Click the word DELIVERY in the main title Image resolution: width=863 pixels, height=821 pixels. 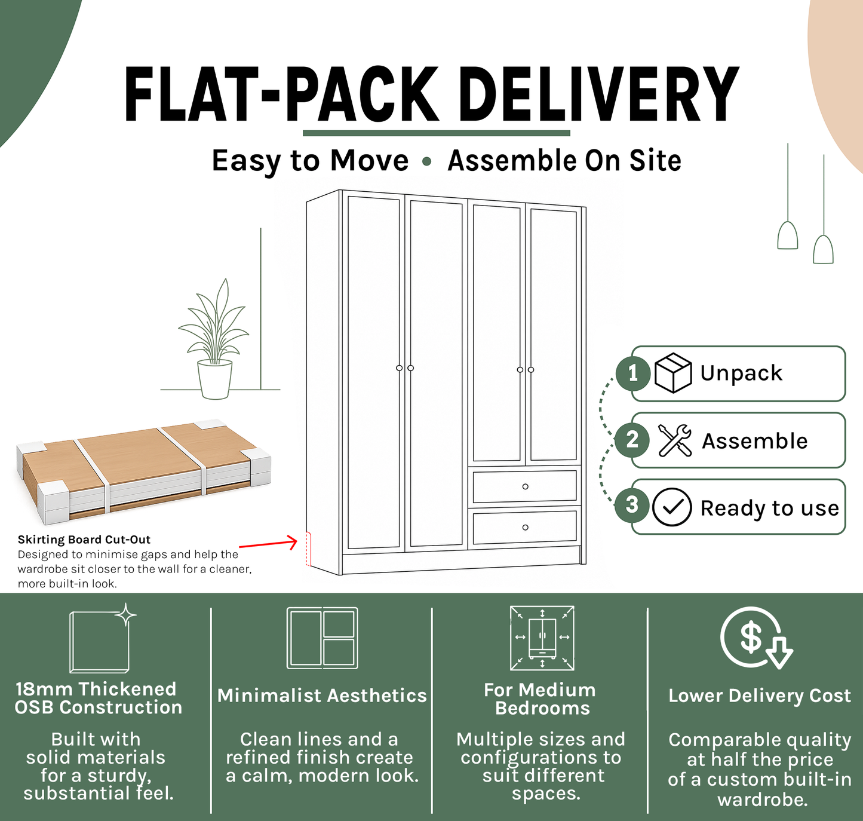[599, 94]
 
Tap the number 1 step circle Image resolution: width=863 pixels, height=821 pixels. [632, 373]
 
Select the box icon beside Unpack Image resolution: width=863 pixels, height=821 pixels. [673, 372]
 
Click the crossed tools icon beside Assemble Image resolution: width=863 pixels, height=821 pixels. [675, 440]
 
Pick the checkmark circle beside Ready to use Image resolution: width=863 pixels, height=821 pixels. [672, 507]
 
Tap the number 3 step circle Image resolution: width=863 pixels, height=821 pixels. [632, 506]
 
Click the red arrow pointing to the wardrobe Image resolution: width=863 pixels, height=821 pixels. [268, 544]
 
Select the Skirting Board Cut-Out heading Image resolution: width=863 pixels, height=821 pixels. [84, 540]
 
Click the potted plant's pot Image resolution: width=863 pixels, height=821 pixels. [214, 379]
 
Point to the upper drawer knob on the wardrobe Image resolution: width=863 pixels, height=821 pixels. [525, 486]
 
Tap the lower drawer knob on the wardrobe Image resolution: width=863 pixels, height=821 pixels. [525, 527]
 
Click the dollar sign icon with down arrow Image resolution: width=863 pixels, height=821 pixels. [756, 638]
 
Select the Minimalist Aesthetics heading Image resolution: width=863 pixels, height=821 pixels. [322, 696]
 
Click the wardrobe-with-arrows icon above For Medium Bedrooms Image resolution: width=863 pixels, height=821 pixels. [542, 638]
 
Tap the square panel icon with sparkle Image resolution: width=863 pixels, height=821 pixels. [103, 638]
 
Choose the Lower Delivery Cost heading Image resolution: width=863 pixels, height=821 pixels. [760, 696]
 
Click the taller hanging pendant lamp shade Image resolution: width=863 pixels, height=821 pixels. [788, 235]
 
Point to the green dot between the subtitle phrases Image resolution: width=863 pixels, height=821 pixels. [426, 161]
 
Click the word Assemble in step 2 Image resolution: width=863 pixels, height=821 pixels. [754, 440]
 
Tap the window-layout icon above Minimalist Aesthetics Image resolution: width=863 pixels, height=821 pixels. [322, 638]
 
